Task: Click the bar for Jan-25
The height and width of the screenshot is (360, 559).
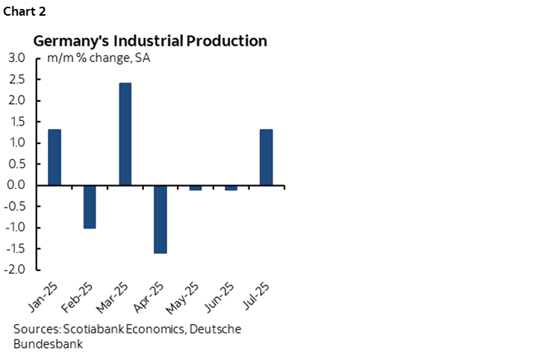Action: (54, 157)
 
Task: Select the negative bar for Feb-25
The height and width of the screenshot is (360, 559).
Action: (90, 206)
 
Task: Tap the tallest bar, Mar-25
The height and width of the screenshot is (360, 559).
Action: (125, 134)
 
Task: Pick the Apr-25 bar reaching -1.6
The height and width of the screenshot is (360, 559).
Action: (160, 219)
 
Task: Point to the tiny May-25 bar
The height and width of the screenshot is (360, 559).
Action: (196, 187)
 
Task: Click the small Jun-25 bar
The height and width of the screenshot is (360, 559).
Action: (231, 187)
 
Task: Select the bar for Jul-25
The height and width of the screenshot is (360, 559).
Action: (266, 157)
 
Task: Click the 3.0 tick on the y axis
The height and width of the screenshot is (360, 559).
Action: (17, 58)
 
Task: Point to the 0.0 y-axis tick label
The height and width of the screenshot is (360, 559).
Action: (17, 185)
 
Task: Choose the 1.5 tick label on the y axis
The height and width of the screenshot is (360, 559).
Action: (17, 122)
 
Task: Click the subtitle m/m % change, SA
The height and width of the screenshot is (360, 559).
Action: (99, 58)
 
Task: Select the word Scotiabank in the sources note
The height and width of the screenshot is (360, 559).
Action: (96, 329)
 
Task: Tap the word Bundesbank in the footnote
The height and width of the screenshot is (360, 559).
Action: (48, 344)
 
